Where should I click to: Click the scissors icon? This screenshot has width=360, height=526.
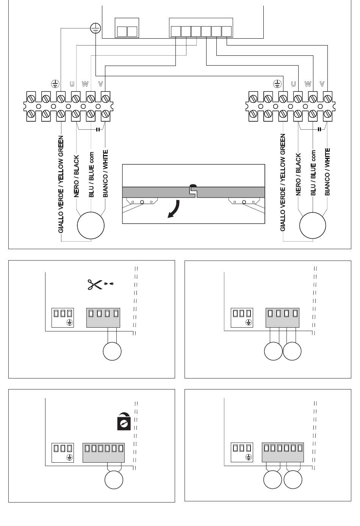click(x=95, y=284)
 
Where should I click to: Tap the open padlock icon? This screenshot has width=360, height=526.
click(x=124, y=421)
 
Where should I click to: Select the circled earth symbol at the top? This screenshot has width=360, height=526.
click(x=95, y=27)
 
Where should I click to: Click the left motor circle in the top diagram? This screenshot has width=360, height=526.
click(x=91, y=225)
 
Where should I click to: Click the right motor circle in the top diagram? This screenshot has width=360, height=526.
click(x=313, y=225)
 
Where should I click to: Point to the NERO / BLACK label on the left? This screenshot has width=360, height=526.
click(x=77, y=176)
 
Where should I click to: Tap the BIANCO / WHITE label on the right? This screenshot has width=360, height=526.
click(x=327, y=172)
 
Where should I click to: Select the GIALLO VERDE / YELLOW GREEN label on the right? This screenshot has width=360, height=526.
click(x=283, y=182)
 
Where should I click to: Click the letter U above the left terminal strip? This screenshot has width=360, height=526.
click(x=72, y=83)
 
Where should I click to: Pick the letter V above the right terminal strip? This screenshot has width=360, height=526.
click(x=322, y=83)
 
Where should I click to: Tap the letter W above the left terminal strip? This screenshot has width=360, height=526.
click(x=85, y=83)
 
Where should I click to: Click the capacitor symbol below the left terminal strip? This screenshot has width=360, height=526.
click(x=98, y=129)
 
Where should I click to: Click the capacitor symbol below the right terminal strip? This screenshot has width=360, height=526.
click(x=320, y=129)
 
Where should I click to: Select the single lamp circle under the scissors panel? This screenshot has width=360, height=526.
click(x=112, y=352)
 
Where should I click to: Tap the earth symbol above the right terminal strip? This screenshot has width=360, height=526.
click(x=278, y=83)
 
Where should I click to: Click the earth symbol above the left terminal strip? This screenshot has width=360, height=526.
click(x=55, y=83)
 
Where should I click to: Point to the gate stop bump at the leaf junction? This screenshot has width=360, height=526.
click(x=193, y=186)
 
